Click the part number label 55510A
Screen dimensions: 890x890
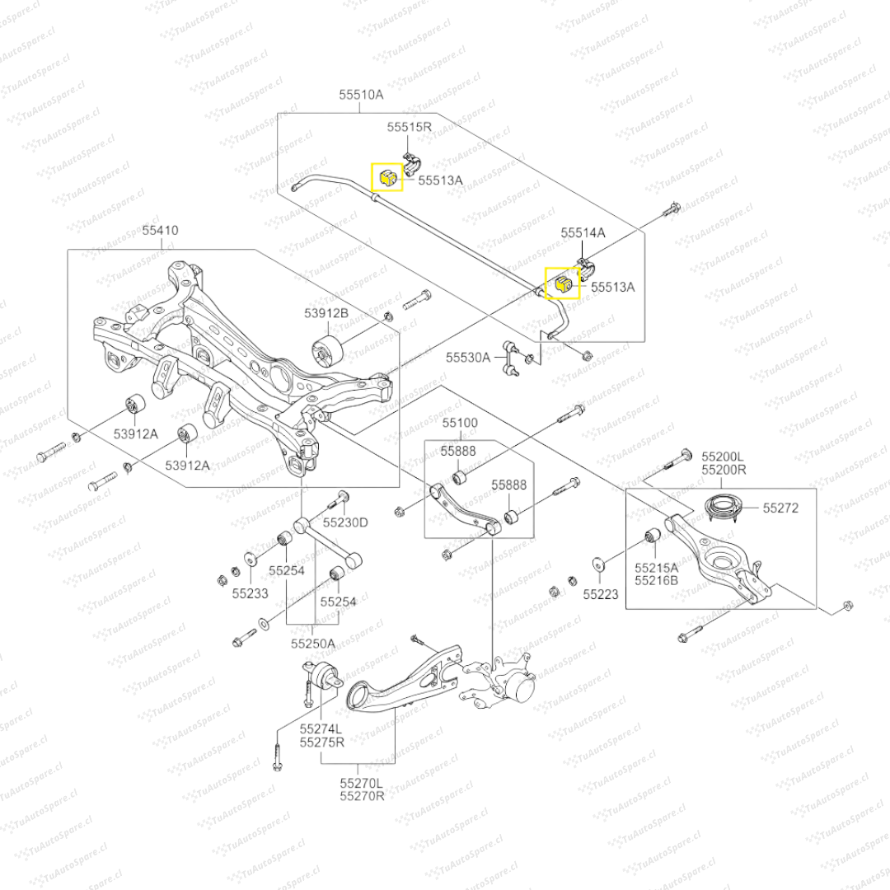coord(361,95)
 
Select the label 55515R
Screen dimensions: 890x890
coord(410,127)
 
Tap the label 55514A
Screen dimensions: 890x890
coord(583,233)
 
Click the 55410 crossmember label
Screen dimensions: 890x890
coord(160,232)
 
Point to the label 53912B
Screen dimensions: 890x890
coord(326,313)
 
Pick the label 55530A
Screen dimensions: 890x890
coord(468,358)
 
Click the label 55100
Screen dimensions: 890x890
coord(459,423)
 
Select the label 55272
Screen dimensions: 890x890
coord(780,508)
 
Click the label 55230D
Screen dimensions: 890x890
coord(345,522)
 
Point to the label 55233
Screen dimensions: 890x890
coord(249,593)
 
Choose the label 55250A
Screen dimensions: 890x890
coord(312,643)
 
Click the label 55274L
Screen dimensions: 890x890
coord(321,728)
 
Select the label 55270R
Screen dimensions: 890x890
coord(363,797)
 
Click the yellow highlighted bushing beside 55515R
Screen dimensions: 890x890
coord(389,176)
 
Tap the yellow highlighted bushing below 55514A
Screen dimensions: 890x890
coord(564,283)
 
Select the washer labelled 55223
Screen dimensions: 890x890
coord(597,565)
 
